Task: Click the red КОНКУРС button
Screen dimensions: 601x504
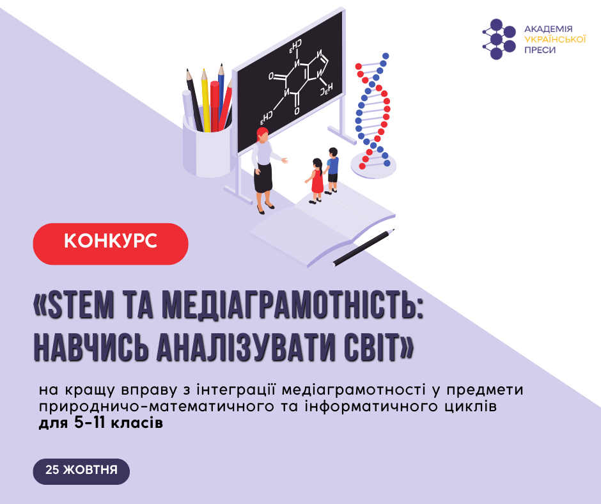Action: [111, 244]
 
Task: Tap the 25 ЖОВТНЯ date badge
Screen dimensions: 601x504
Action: [81, 471]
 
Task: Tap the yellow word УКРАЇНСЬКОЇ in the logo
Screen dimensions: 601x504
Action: [555, 40]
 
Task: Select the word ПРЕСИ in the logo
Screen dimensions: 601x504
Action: [540, 51]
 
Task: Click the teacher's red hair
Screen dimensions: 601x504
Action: [263, 133]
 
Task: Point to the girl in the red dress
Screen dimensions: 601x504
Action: [316, 180]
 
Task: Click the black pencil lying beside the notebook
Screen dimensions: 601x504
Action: [363, 248]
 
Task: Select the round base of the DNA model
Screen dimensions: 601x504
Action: [373, 165]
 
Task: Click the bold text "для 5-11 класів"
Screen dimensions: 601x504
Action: [101, 423]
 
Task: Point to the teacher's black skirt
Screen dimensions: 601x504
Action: [263, 178]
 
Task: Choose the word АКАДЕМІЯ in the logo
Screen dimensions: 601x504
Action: [548, 29]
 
